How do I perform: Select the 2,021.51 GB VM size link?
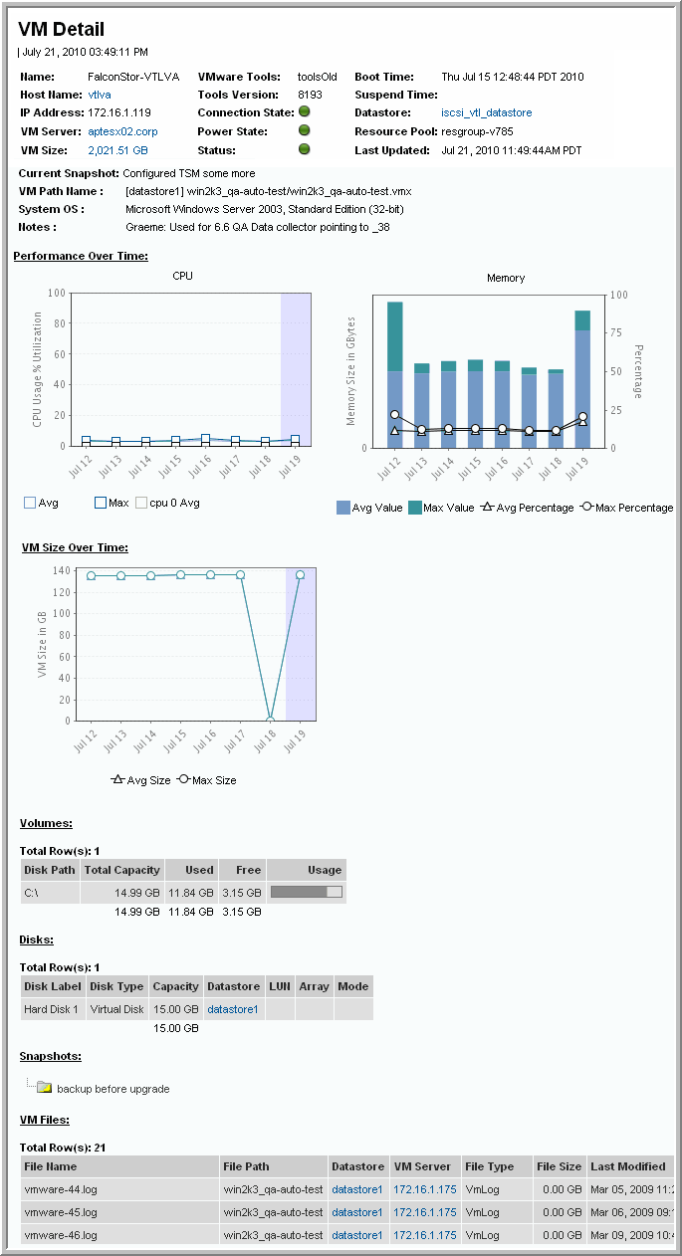tap(117, 150)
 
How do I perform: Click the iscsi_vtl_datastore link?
tap(487, 113)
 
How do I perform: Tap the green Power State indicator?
tap(305, 131)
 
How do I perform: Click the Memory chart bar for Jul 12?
tap(395, 374)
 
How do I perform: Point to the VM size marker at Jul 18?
tap(270, 720)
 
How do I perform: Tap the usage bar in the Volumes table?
tap(307, 893)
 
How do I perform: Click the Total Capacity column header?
tap(122, 870)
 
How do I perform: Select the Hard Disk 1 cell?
tap(52, 1009)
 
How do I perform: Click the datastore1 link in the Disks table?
tap(233, 1009)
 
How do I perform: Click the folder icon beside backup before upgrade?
tap(44, 1088)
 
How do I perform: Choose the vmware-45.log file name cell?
tap(61, 1212)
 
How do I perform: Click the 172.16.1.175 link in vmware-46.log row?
tap(425, 1235)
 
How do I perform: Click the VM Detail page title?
tap(61, 30)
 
